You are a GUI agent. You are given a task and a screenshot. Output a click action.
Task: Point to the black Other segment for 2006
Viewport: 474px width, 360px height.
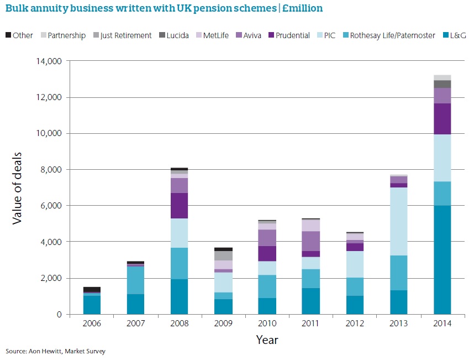coord(92,289)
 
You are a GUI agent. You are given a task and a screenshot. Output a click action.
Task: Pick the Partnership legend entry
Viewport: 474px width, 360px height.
coord(61,35)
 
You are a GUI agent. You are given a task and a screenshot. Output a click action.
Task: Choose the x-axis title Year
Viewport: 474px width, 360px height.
coord(267,340)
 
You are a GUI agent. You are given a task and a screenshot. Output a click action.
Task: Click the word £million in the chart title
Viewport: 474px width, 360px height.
coord(298,8)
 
